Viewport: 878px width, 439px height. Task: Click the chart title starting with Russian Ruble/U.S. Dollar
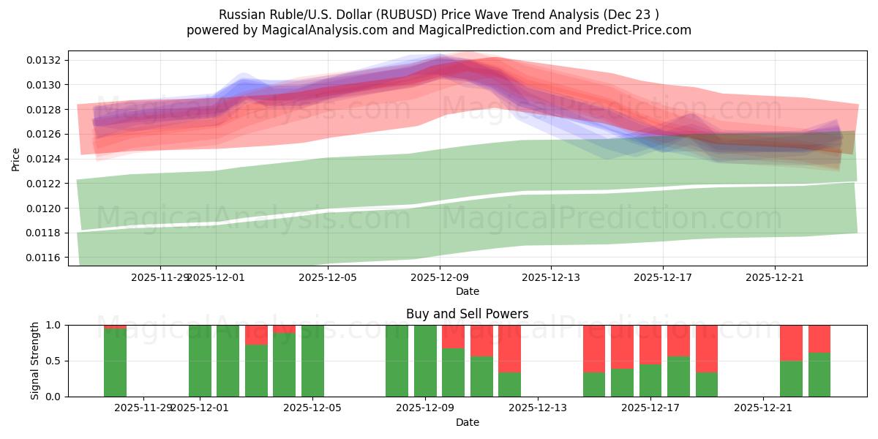pyautogui.click(x=438, y=15)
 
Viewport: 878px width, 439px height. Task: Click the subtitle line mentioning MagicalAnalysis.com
pyautogui.click(x=438, y=30)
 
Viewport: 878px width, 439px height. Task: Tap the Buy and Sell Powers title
pyautogui.click(x=467, y=314)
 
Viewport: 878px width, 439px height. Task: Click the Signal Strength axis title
pyautogui.click(x=35, y=361)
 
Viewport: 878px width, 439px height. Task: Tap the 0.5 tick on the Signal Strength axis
pyautogui.click(x=54, y=361)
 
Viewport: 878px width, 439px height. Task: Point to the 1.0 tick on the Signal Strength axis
pyautogui.click(x=54, y=325)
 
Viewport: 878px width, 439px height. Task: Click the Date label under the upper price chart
pyautogui.click(x=467, y=291)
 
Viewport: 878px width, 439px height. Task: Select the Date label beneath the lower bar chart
pyautogui.click(x=467, y=422)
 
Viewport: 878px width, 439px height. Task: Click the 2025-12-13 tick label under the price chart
pyautogui.click(x=551, y=277)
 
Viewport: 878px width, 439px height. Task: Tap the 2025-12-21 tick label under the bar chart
pyautogui.click(x=763, y=408)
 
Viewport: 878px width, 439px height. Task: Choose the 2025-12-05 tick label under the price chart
pyautogui.click(x=328, y=277)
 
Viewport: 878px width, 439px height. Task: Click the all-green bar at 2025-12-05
pyautogui.click(x=312, y=361)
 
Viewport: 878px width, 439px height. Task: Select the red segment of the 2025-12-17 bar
pyautogui.click(x=650, y=344)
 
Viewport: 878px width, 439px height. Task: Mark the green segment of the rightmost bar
pyautogui.click(x=819, y=375)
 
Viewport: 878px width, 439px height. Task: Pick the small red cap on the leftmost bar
pyautogui.click(x=115, y=326)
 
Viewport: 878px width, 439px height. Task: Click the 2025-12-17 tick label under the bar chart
pyautogui.click(x=650, y=408)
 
